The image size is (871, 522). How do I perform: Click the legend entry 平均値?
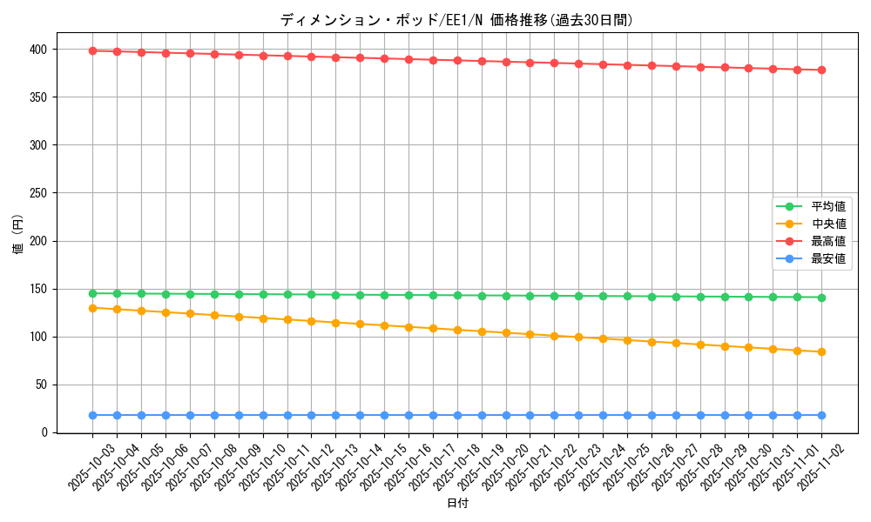point(827,207)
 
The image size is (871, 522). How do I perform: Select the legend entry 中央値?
point(827,224)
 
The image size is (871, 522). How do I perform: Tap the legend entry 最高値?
point(827,242)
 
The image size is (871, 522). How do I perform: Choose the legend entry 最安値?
point(827,259)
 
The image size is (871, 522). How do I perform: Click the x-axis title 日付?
point(457,504)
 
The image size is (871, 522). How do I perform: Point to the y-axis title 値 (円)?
point(18,234)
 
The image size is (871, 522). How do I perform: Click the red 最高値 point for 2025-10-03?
point(92,50)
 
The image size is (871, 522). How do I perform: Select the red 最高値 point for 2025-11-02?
point(821,70)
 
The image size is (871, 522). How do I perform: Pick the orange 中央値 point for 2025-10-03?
point(92,308)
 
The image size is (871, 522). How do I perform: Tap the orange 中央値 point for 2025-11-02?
point(821,351)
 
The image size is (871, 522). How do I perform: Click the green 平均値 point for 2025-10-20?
point(506,296)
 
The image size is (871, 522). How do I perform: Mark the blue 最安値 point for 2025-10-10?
point(263,415)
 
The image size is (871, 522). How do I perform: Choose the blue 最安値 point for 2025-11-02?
point(821,415)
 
